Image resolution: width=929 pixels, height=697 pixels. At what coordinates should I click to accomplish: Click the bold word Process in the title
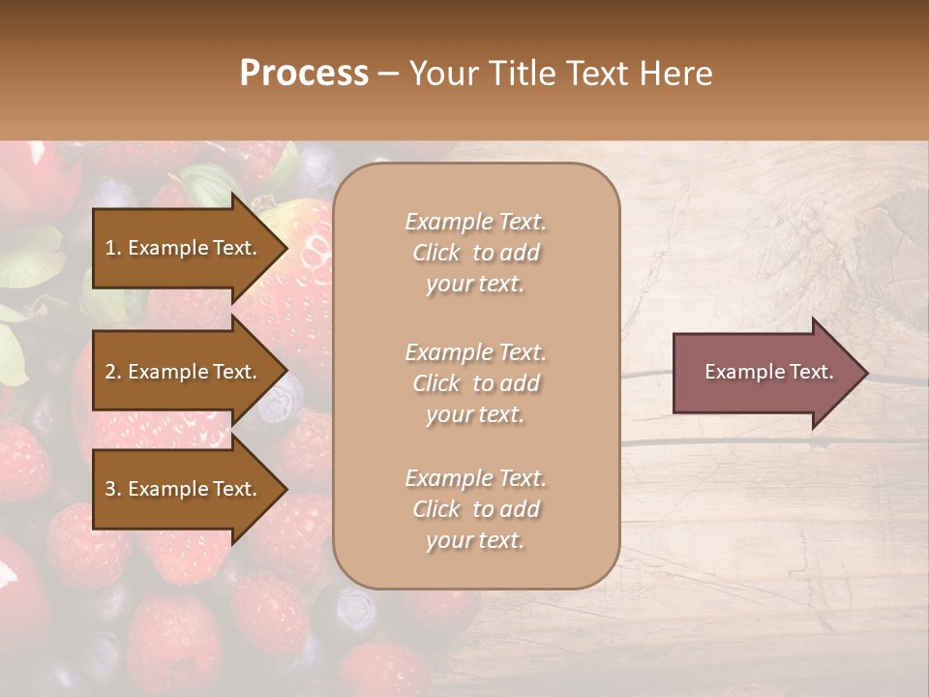point(304,74)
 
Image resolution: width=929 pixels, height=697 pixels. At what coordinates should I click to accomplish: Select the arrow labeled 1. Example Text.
point(184,248)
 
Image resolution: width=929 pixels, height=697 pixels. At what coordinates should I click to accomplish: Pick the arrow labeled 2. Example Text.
point(184,372)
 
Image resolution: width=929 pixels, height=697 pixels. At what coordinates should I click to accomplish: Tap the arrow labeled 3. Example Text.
point(184,489)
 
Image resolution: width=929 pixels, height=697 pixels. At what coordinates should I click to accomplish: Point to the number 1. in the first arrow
point(113,248)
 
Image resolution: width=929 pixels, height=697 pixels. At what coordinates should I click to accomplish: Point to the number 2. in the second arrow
point(113,372)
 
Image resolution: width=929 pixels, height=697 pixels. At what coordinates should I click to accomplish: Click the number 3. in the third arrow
point(113,489)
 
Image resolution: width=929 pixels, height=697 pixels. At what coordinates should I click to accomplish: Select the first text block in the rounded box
point(475,253)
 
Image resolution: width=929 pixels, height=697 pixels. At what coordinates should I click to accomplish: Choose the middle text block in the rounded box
point(475,383)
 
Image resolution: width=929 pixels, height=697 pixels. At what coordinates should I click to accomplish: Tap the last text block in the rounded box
point(475,509)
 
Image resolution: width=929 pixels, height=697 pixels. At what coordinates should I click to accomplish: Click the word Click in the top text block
point(436,253)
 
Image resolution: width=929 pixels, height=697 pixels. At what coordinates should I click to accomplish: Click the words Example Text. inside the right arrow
point(769,373)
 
